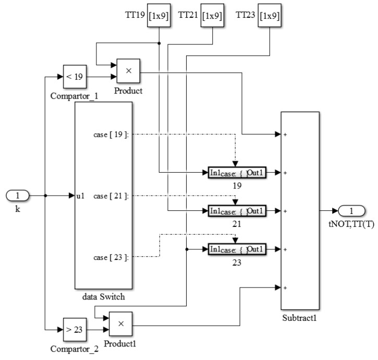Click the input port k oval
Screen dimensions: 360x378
[x=17, y=196]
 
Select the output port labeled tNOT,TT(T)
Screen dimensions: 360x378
[x=351, y=211]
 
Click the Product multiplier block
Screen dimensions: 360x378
[x=128, y=70]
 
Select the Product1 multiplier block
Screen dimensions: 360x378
[x=120, y=324]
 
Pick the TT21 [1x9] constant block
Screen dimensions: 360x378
[x=212, y=16]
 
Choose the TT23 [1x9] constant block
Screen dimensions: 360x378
[x=270, y=16]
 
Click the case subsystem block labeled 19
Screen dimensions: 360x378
[x=237, y=173]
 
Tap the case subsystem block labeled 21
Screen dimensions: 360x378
[x=237, y=211]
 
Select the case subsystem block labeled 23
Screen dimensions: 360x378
[x=237, y=250]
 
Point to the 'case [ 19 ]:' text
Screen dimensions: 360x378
[x=111, y=134]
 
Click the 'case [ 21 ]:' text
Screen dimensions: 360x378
[x=111, y=196]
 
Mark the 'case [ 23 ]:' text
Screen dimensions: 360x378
[x=111, y=257]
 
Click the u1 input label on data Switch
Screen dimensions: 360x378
[x=80, y=196]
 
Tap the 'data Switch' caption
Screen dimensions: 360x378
[x=103, y=296]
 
